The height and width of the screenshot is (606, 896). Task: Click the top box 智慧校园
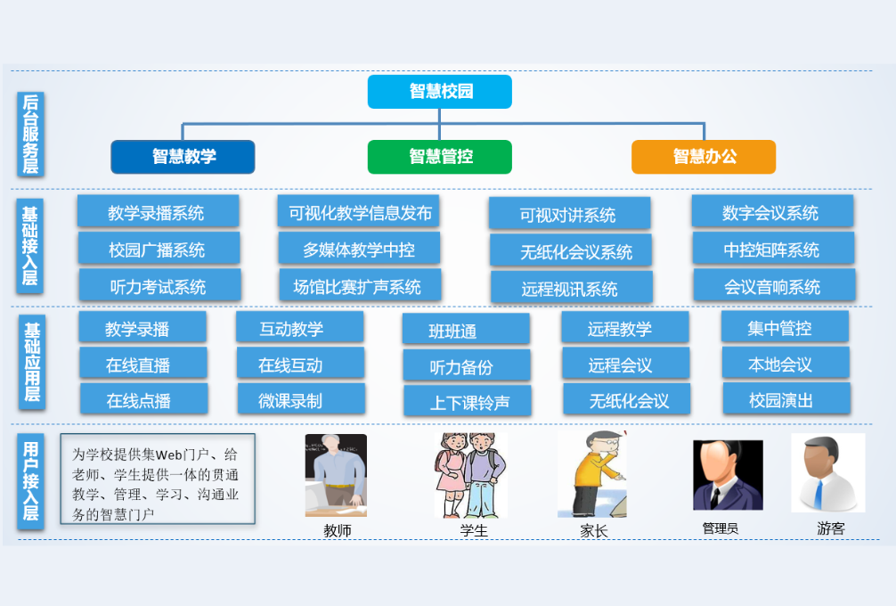[x=439, y=92]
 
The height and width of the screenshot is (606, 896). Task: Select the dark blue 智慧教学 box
[x=183, y=157]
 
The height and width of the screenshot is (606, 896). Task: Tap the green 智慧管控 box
[x=439, y=157]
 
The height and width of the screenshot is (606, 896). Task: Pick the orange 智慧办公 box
[x=703, y=157]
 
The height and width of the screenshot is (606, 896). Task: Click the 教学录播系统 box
[x=158, y=212]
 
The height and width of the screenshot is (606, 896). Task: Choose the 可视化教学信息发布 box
[x=358, y=212]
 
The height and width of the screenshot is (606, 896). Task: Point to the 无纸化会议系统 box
[x=570, y=252]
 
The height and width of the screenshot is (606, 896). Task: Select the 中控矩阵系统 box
[x=772, y=250]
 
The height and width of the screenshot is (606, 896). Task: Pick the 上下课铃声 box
[x=468, y=402]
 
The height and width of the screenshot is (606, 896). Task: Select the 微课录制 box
[x=300, y=400]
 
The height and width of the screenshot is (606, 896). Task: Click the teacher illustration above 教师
[x=335, y=475]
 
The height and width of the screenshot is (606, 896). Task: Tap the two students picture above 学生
[x=469, y=475]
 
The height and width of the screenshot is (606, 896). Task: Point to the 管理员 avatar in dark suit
[x=727, y=475]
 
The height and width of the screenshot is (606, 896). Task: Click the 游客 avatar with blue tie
[x=827, y=473]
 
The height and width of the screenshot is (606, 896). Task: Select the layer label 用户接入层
[x=31, y=480]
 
